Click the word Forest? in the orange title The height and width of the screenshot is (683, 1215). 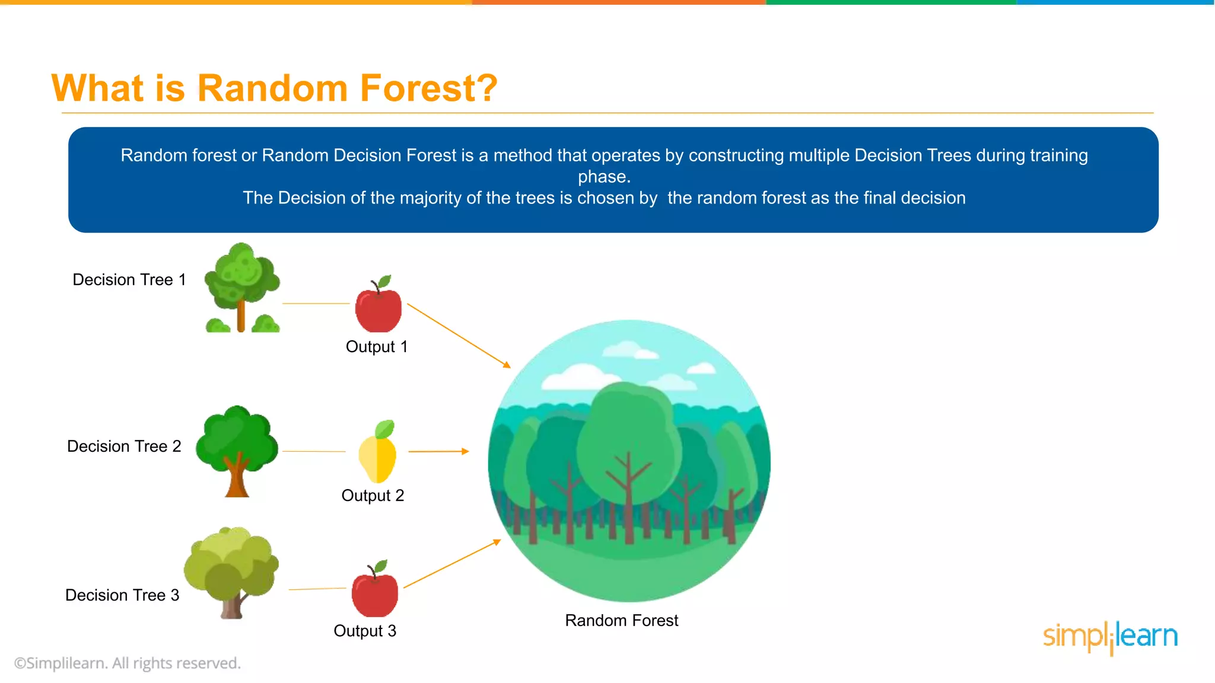pos(428,88)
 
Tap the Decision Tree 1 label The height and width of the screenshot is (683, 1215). pos(129,279)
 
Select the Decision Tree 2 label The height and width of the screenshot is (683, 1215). pos(124,446)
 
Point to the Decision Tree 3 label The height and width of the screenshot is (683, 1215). pos(122,595)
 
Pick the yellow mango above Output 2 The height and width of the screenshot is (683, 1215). pos(378,454)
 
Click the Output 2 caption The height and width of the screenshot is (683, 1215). pos(373,495)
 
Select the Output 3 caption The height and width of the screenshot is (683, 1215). pos(365,630)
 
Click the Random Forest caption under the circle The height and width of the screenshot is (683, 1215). pos(621,620)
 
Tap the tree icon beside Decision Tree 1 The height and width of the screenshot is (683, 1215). pos(241,288)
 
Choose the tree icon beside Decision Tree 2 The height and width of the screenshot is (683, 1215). pos(237,451)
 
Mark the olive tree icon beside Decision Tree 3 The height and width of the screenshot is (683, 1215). pos(231,572)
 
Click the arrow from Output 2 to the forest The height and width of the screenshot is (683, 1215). pos(438,451)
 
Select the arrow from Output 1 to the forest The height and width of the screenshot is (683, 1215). pos(458,336)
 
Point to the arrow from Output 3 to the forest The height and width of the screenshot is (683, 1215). pos(452,564)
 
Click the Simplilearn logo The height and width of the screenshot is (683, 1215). pos(1110,637)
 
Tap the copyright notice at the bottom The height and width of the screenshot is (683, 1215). pos(128,663)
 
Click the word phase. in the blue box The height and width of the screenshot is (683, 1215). pos(604,177)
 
